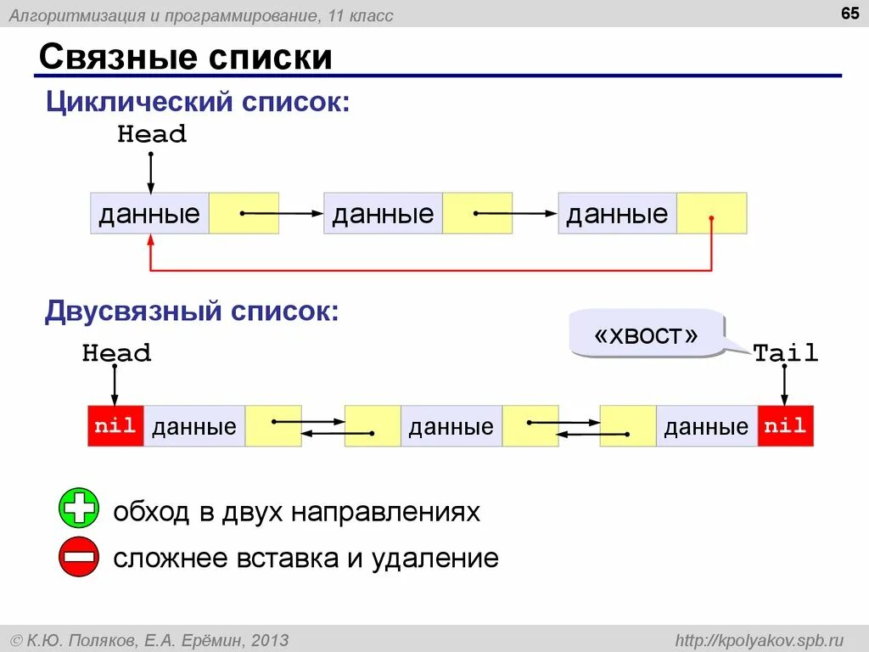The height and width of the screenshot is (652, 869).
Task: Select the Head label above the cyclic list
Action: [x=151, y=134]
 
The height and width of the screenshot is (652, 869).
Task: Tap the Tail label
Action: [x=786, y=353]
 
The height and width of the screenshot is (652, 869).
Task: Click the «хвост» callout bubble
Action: [x=647, y=334]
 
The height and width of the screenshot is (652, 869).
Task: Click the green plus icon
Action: [x=79, y=509]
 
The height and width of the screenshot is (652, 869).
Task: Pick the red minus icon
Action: [x=79, y=557]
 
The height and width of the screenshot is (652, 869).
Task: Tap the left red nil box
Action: [x=115, y=426]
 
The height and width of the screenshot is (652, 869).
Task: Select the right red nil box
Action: [x=785, y=426]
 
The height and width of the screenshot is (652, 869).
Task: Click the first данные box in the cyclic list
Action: [x=149, y=213]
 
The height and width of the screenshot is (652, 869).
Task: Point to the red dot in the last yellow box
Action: [x=711, y=218]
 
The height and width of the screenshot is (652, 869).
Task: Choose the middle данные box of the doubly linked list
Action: [x=451, y=426]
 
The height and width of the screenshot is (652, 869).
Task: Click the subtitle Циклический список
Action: [x=197, y=103]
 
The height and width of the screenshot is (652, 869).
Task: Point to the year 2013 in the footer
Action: [x=270, y=639]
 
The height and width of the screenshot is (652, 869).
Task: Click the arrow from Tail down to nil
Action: [x=785, y=386]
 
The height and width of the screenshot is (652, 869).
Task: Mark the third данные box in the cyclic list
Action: [x=617, y=213]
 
